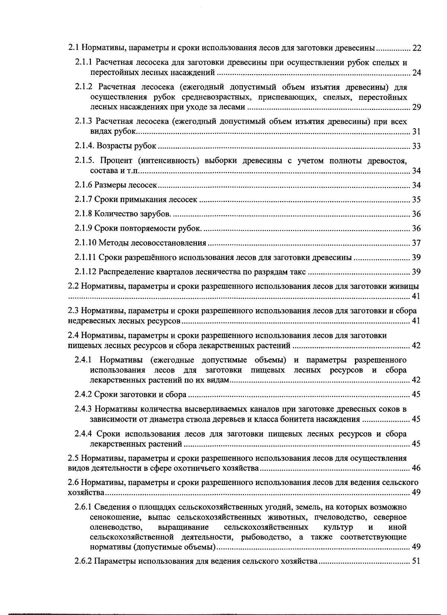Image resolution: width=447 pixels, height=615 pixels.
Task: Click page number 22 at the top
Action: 416,48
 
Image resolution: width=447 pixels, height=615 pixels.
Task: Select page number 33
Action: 416,146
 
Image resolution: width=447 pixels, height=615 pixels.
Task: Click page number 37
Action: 416,243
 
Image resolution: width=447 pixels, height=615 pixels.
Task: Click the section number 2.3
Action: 73,311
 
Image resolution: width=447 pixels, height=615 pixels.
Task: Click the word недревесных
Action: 89,321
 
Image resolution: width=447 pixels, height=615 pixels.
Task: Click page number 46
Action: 416,468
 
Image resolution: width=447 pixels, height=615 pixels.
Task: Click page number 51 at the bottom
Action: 416,561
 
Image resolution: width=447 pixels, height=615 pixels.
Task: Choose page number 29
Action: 416,108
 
